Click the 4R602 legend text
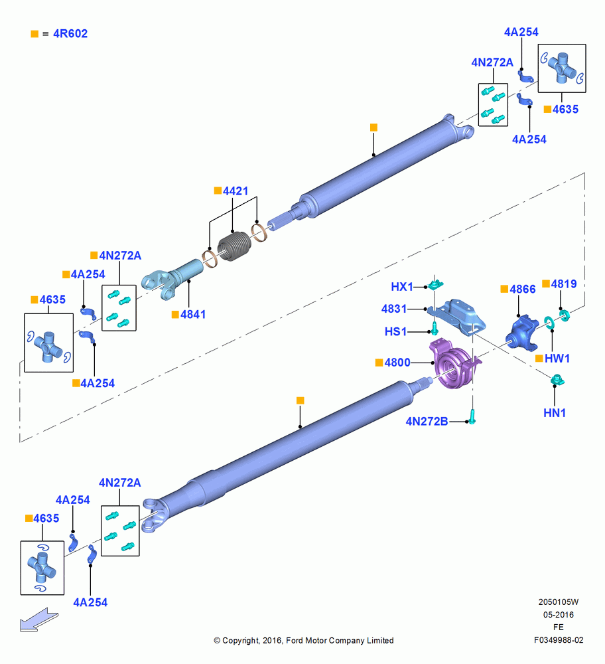point(70,33)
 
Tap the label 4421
point(235,191)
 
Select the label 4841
point(193,314)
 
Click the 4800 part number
point(397,363)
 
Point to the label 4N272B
point(427,422)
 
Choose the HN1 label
point(554,412)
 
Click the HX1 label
point(402,287)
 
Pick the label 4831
point(394,309)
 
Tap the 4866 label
point(523,290)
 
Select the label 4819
point(563,284)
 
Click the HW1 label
point(557,359)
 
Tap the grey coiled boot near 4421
point(234,246)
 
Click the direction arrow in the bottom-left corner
point(39,620)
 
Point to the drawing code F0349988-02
point(559,640)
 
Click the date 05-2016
point(559,614)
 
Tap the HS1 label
point(395,331)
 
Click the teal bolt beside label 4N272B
point(472,417)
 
